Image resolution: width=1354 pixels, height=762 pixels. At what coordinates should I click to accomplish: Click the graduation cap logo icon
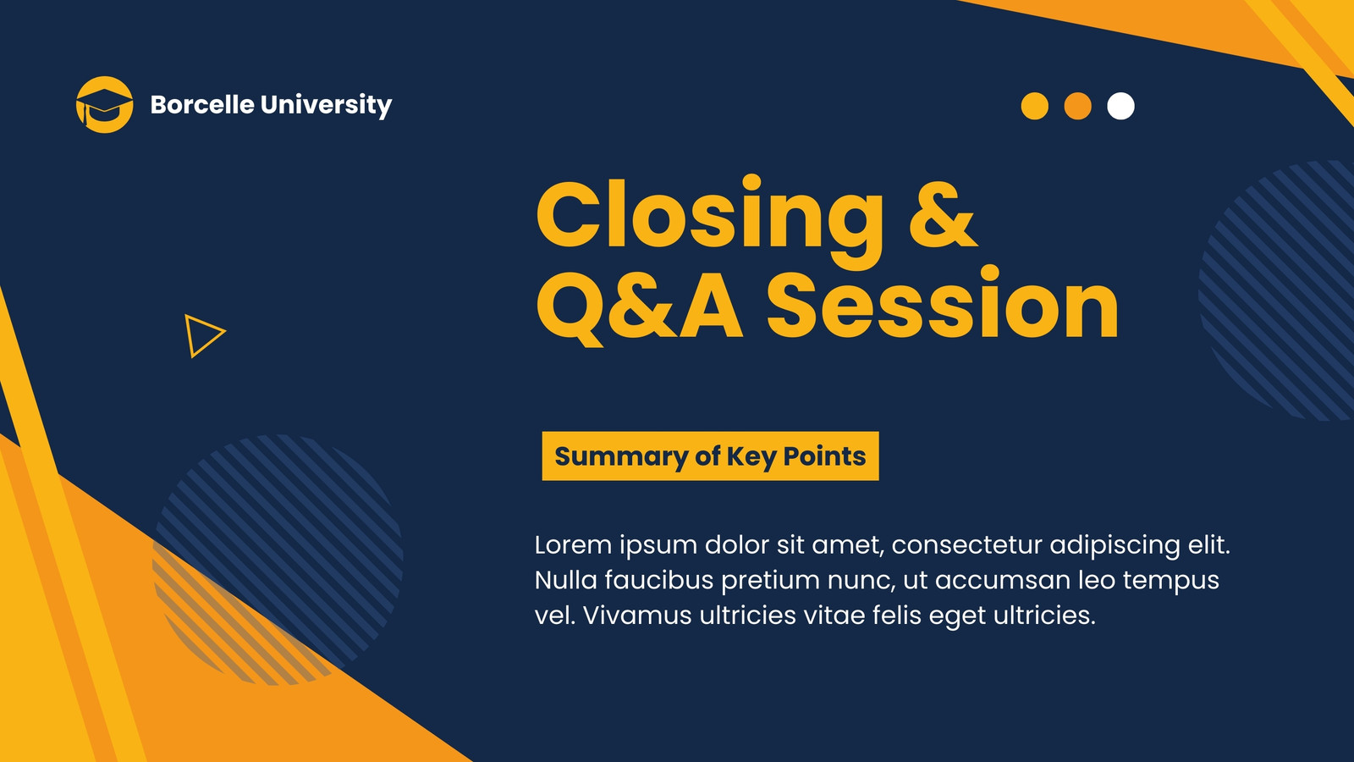tap(104, 105)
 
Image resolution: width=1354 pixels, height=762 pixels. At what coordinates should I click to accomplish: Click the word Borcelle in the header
tap(202, 104)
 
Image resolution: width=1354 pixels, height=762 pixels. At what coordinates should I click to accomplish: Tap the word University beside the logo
tap(327, 105)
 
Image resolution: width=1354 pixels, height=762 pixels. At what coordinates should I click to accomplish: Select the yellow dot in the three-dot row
tap(1034, 107)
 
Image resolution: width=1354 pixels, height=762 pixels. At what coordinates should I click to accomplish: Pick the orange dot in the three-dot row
tap(1077, 107)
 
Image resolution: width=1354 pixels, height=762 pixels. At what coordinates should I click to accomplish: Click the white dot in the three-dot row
tap(1120, 107)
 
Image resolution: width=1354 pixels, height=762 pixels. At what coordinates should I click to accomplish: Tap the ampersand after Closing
tap(944, 215)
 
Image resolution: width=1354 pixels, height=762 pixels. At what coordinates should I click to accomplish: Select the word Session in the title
tap(943, 301)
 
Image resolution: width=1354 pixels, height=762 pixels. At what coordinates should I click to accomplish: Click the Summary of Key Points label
tap(710, 456)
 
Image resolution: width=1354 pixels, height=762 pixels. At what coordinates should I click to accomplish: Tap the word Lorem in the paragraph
tap(573, 545)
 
